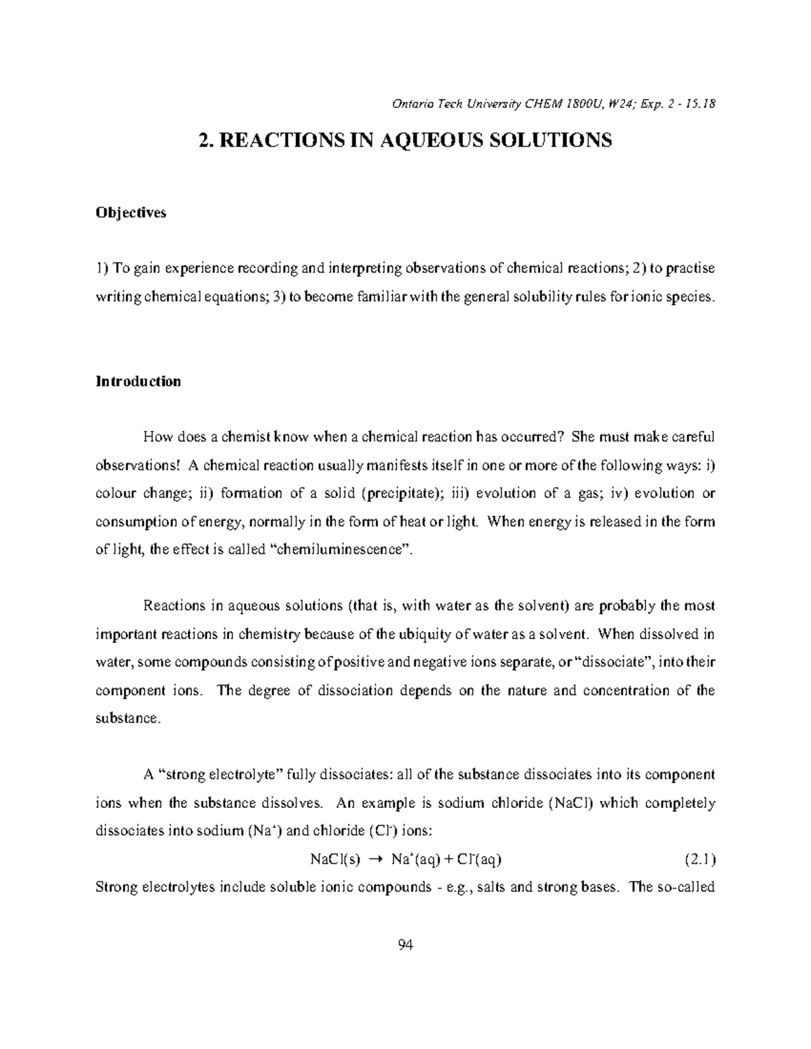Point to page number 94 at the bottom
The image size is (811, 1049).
pos(405,944)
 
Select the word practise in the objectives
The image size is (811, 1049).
pos(691,268)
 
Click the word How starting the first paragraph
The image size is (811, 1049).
pos(157,436)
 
